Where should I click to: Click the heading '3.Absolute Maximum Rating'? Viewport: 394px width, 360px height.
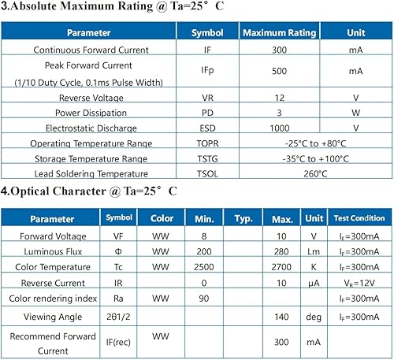pos(88,9)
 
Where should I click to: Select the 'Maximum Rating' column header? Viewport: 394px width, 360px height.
pos(279,33)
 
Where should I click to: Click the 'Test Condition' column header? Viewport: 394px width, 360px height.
pos(359,218)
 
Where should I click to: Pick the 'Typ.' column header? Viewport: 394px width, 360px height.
pos(243,218)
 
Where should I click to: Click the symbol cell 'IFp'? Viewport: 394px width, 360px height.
pos(208,71)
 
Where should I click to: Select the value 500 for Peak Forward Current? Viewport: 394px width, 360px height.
pos(279,71)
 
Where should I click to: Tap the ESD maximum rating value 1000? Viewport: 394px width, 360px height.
pos(279,128)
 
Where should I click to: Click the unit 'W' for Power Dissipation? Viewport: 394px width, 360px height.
pos(356,113)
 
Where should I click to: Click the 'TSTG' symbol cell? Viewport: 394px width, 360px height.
pos(208,158)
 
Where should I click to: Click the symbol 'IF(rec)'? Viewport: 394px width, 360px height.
pos(120,343)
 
